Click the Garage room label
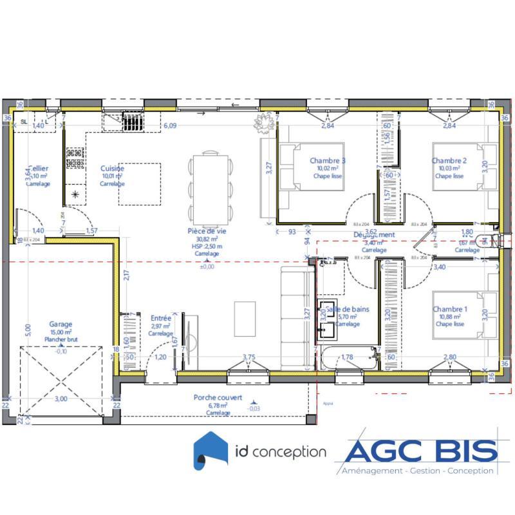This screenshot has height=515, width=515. coord(61,325)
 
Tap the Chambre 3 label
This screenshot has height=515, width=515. coord(328,161)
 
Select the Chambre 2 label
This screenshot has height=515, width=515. coord(449,161)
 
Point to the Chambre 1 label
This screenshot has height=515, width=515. coord(450,310)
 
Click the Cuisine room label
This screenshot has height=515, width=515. coord(112,169)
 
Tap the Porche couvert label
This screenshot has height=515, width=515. coord(218,398)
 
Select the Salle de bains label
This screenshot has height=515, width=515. coord(348,310)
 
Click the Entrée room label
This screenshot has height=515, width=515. coord(160,318)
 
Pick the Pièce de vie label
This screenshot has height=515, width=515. coord(207,230)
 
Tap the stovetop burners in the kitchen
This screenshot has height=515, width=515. coord(75,154)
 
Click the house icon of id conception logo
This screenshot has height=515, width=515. coord(212,451)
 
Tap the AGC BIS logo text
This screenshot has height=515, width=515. coord(422,450)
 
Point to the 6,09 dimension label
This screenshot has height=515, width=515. coord(169,126)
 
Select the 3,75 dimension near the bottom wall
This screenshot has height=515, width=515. coord(249,357)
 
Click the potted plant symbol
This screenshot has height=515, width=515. coord(263,122)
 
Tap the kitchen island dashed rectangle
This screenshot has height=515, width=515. coord(139,183)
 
